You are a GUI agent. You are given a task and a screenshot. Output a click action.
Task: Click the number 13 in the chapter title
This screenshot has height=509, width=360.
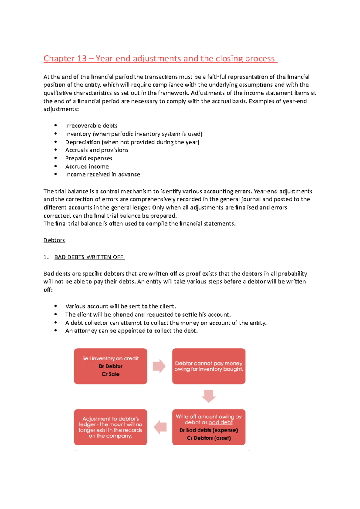pos(82,58)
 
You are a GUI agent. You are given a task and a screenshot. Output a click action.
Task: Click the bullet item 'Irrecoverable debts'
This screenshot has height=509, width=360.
pos(91,126)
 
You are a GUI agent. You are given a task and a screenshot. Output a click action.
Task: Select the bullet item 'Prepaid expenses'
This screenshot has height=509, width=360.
pos(88,158)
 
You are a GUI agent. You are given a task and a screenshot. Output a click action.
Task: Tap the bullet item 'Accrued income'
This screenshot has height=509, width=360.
pos(87,166)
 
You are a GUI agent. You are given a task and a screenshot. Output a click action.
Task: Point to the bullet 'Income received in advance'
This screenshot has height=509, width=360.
pos(103,174)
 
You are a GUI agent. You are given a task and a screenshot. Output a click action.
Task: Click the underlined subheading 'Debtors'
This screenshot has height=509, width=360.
pos(54,240)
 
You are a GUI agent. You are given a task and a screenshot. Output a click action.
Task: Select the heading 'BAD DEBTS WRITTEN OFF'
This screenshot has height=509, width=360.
pos(89,257)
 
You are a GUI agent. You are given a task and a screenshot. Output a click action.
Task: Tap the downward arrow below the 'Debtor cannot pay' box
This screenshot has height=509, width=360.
pos(208,396)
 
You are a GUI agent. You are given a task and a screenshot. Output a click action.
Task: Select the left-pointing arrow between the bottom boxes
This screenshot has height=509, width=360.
pos(160,427)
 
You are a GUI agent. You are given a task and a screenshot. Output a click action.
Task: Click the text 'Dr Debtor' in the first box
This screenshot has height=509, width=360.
pos(110,366)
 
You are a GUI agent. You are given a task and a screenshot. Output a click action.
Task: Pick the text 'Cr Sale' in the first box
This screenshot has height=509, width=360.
pos(110,374)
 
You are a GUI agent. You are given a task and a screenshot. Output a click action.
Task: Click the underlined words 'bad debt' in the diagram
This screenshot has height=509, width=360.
pos(220,422)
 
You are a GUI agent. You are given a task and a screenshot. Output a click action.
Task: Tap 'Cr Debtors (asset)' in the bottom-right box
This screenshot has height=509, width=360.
pos(209,438)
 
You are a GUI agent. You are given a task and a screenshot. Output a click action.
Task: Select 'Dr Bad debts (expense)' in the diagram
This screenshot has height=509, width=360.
pos(209,430)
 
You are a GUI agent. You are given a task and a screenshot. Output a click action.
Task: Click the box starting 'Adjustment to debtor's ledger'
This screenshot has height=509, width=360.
pos(110,427)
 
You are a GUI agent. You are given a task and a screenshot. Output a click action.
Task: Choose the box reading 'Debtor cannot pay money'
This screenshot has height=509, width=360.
pos(209,366)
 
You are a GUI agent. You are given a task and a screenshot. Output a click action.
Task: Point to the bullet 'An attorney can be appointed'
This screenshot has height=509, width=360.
pos(131,331)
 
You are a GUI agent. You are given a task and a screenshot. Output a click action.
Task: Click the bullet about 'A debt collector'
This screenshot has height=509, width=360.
pos(166,323)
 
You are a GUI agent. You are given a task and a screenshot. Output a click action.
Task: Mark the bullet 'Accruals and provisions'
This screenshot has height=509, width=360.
pos(97,150)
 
